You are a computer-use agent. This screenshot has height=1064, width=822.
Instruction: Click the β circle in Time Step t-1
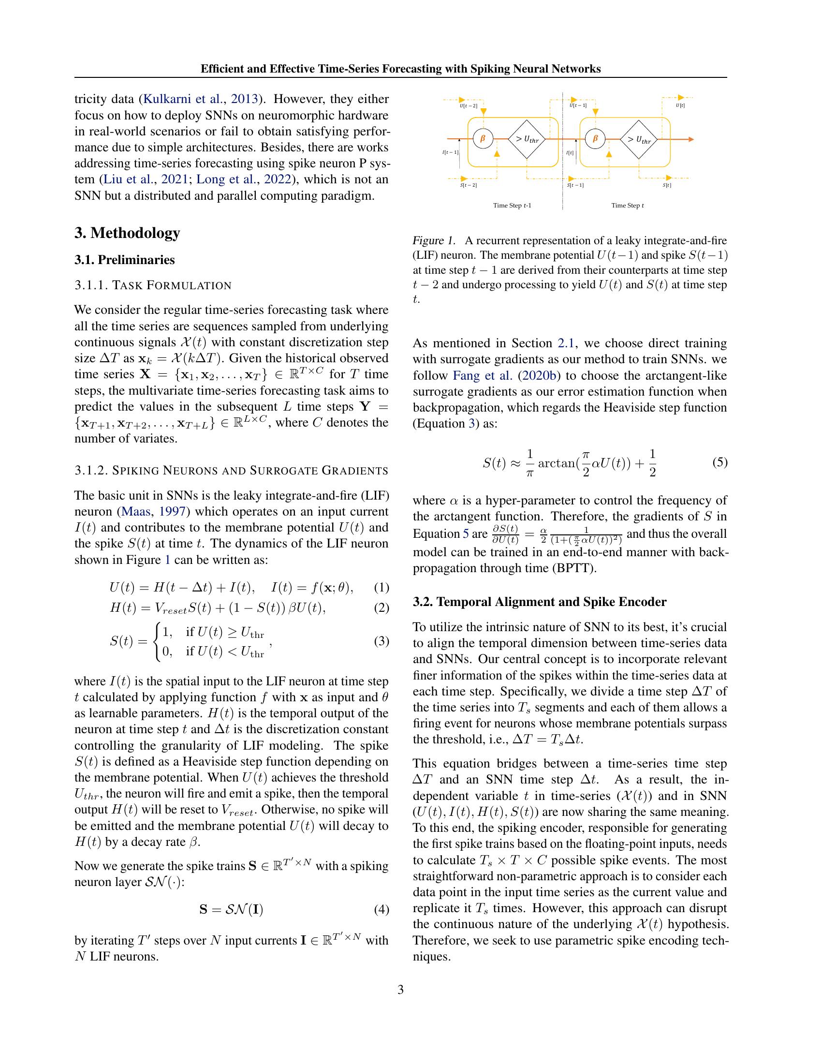pos(483,139)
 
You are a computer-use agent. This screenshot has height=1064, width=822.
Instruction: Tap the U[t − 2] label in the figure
pos(469,106)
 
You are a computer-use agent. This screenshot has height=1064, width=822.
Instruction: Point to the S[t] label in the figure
pos(667,186)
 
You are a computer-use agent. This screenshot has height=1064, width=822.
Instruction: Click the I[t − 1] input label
pos(451,152)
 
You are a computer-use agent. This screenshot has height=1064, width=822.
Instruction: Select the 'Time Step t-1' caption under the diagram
pos(512,206)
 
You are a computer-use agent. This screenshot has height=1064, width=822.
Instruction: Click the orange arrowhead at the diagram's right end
pos(690,139)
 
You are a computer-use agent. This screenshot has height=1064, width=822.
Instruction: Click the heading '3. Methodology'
pos(127,233)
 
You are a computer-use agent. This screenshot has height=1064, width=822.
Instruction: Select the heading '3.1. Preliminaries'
pos(124,260)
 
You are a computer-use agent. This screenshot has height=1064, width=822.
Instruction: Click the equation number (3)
pos(382,641)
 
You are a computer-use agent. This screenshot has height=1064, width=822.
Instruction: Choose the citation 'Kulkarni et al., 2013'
pos(199,99)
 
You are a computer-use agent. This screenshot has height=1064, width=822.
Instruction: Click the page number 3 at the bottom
pos(400,990)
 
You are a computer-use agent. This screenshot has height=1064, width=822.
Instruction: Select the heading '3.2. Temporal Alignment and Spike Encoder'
pos(539,602)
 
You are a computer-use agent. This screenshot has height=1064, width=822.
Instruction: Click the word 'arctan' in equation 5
pos(557,463)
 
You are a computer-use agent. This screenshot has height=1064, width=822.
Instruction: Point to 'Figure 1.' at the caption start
pos(434,241)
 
